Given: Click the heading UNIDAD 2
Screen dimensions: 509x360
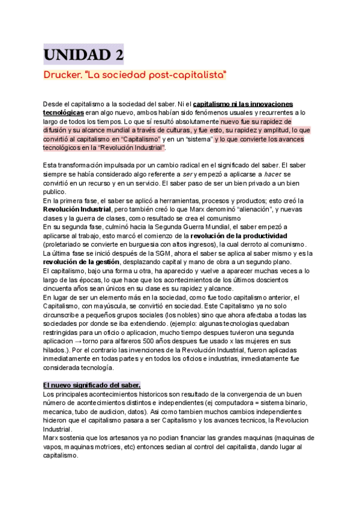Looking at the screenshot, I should (83, 56).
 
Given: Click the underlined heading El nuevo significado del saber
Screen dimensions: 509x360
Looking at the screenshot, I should (92, 385).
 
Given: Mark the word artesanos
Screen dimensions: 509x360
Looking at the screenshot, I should (143, 438).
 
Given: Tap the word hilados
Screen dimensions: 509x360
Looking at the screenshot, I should (55, 349).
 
